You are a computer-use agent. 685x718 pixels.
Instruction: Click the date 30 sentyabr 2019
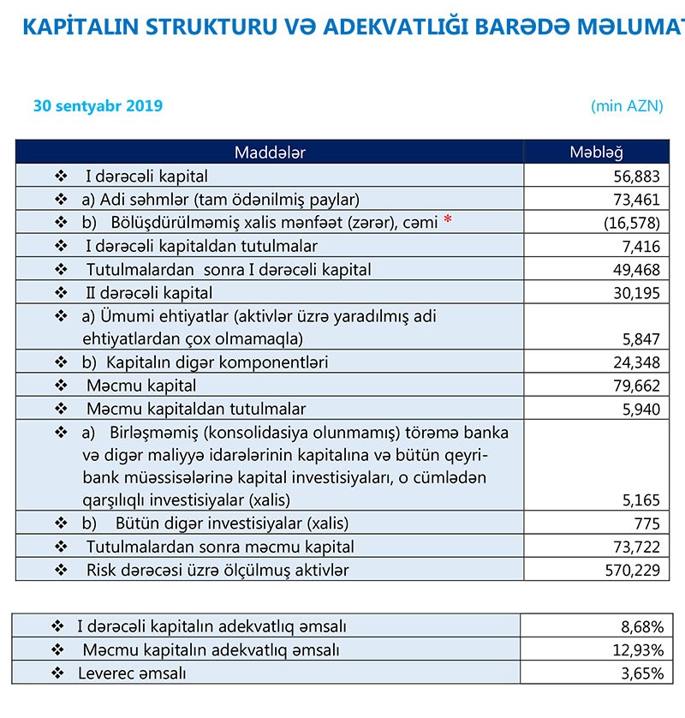coord(98,107)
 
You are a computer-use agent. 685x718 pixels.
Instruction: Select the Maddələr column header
coord(270,153)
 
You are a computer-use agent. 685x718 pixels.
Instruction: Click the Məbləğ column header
coord(597,153)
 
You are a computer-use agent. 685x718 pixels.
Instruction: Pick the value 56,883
coord(638,177)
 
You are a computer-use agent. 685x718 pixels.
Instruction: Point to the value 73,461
coord(638,200)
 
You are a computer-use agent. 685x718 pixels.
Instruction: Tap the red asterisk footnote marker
coord(447,222)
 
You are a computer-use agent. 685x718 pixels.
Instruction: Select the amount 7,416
coord(643,247)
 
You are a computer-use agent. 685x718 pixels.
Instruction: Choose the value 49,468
coord(638,270)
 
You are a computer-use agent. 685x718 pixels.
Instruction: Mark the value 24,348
coord(638,362)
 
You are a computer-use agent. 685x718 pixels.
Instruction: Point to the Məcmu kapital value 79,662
coord(638,386)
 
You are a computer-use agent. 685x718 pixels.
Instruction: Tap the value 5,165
coord(643,500)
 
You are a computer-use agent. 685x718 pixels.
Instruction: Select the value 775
coord(648,524)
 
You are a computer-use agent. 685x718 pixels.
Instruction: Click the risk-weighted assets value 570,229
coord(634,570)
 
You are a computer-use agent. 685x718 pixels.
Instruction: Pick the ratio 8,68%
coord(641,627)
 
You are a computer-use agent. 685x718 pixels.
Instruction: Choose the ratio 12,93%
coord(638,650)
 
